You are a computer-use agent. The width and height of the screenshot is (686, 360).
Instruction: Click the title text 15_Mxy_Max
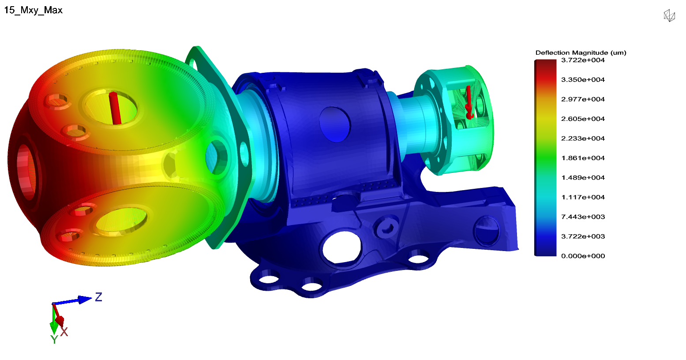[x=33, y=10]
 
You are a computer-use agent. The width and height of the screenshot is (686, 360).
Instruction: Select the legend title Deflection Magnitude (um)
[x=581, y=52]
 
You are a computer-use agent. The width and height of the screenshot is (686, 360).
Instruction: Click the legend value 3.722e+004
[x=583, y=60]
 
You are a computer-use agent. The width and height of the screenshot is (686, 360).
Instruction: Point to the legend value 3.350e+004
[x=583, y=80]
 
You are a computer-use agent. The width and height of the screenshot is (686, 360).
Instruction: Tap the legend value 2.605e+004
[x=583, y=119]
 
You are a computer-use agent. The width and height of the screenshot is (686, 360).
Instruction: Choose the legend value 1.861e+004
[x=583, y=158]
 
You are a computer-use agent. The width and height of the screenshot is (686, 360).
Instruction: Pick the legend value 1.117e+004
[x=583, y=197]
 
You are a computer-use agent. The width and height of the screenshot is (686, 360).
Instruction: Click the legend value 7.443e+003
[x=583, y=217]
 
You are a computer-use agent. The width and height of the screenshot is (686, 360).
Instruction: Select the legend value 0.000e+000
[x=583, y=256]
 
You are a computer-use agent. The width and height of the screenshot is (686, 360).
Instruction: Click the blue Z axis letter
[x=99, y=297]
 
